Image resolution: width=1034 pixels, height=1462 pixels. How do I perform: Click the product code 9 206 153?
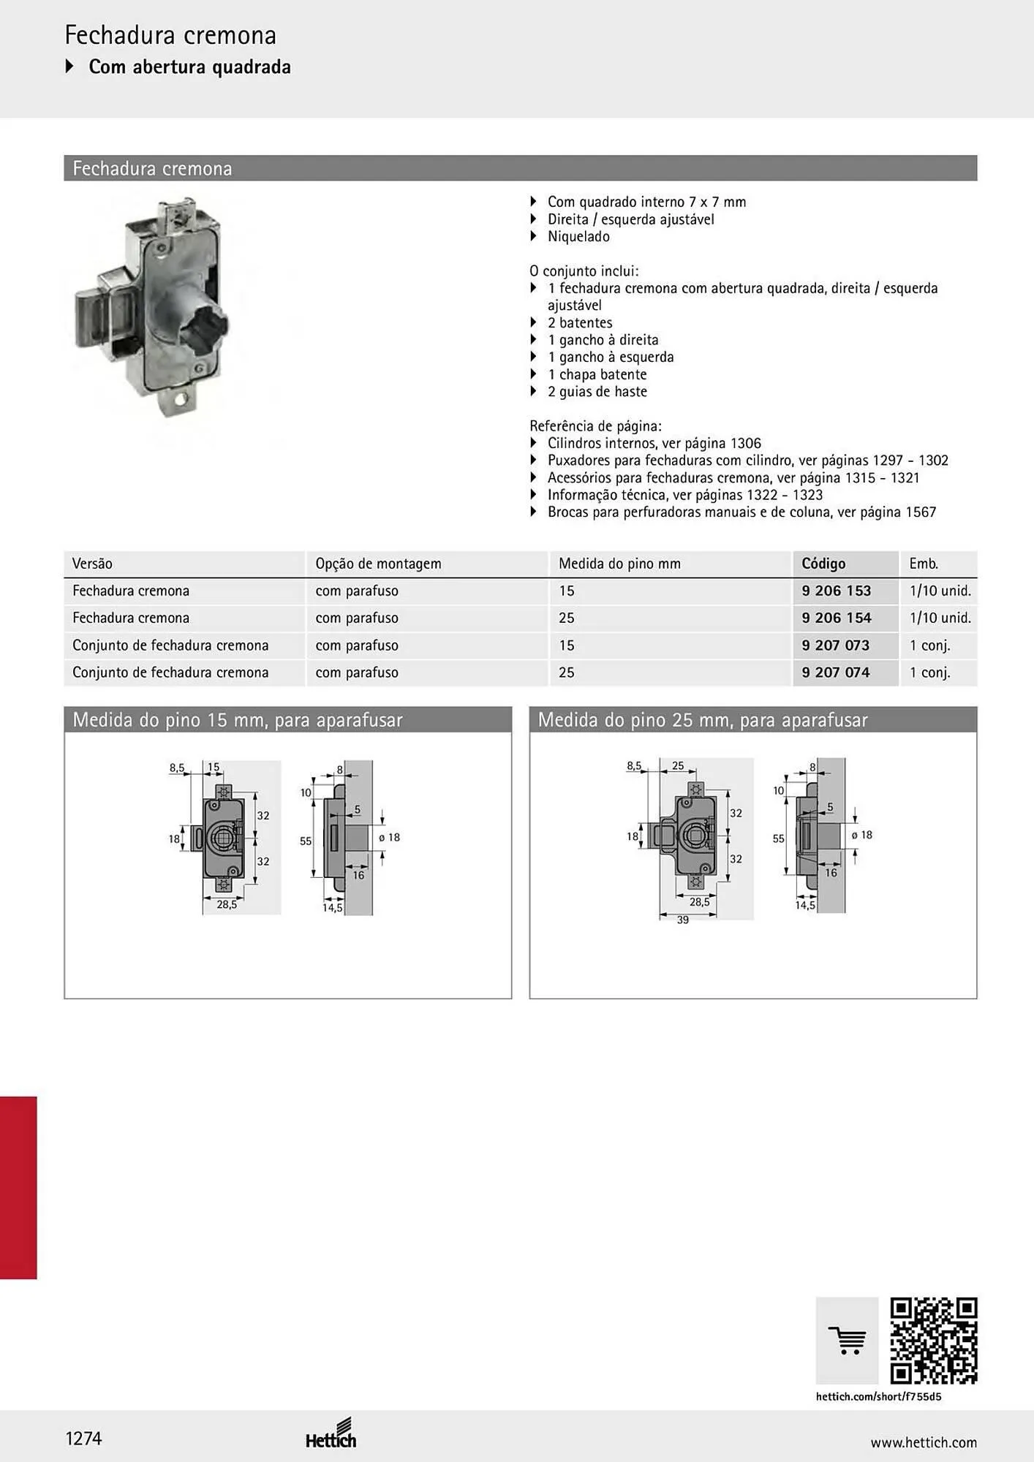tap(836, 591)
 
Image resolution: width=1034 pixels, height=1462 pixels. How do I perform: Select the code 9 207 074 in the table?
tap(836, 673)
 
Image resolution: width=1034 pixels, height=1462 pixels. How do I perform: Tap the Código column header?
tap(823, 564)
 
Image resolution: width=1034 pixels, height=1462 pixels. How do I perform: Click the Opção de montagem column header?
tap(378, 564)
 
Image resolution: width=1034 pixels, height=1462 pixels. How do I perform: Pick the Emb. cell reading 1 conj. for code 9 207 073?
tap(929, 645)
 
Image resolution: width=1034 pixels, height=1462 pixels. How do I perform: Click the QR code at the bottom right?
tap(934, 1341)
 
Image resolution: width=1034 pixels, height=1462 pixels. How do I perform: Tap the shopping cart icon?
tap(848, 1341)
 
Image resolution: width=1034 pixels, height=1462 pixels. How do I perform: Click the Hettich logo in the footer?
tap(331, 1434)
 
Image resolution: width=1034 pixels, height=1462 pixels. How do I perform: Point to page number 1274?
tap(83, 1439)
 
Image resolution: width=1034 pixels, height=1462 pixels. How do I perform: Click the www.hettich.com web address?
tap(924, 1442)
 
